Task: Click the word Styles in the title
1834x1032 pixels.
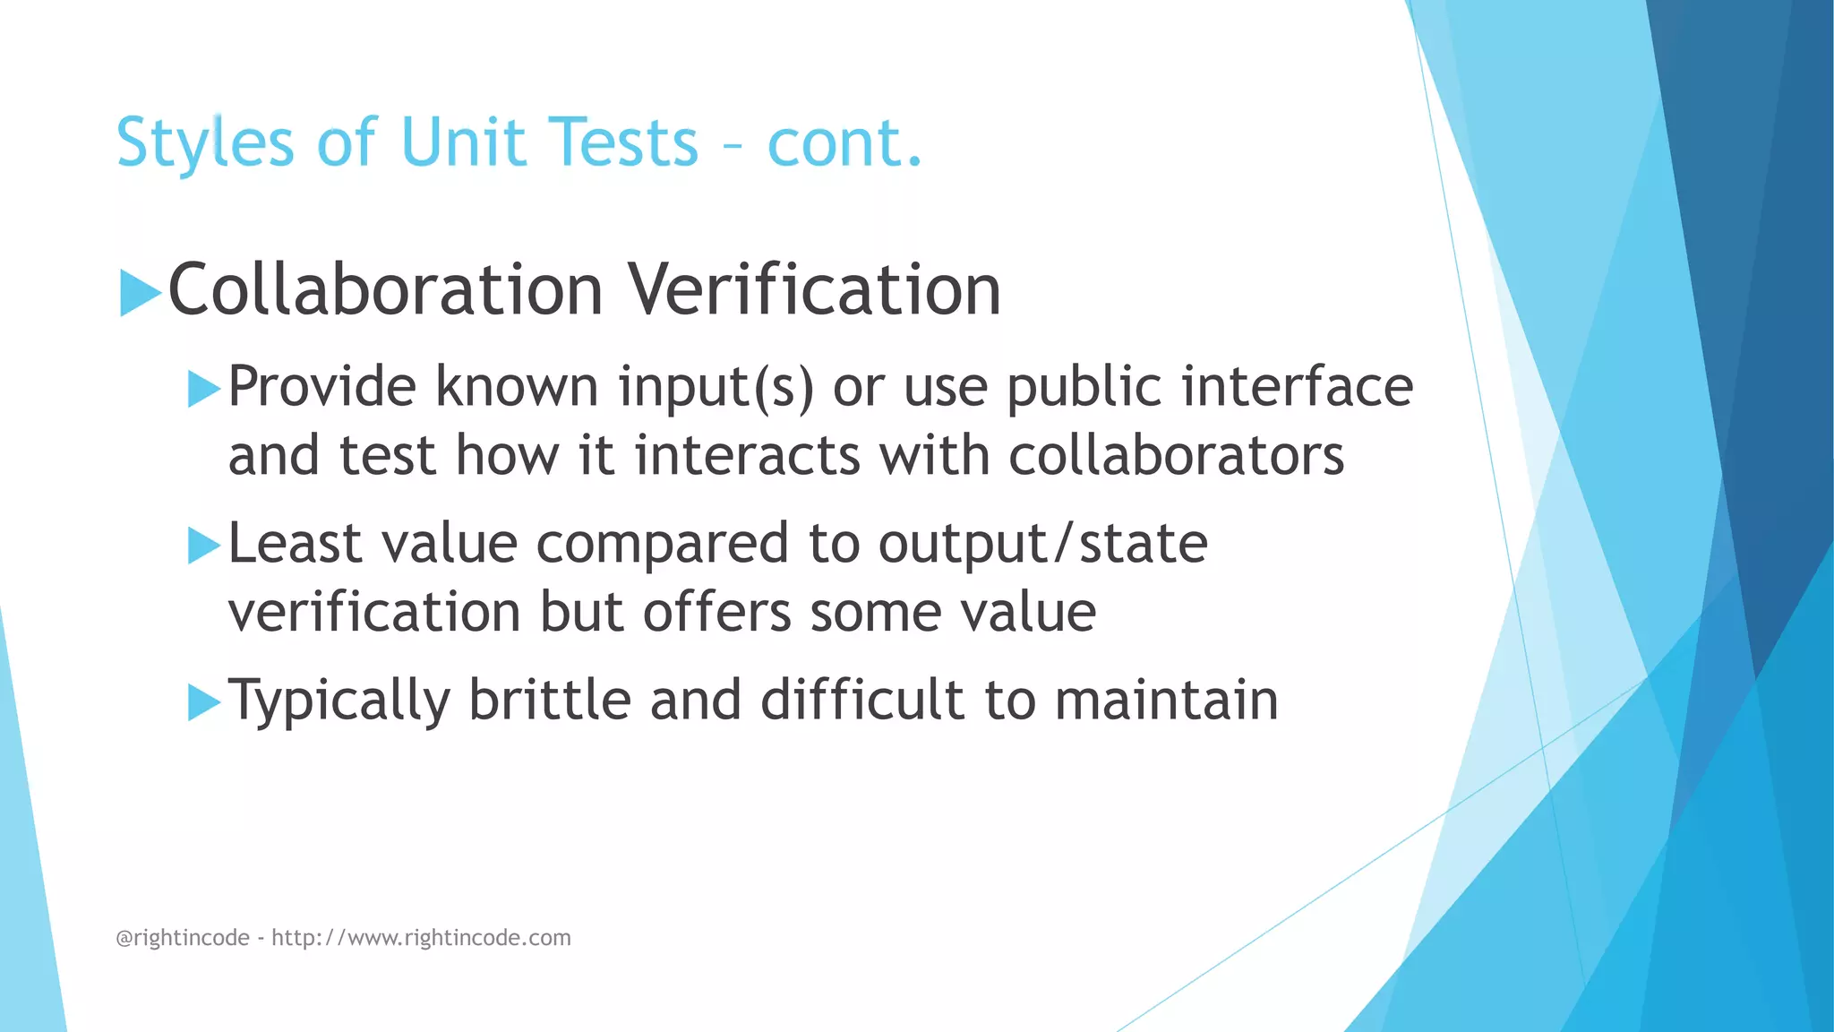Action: click(204, 143)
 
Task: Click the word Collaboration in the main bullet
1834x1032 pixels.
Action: click(385, 290)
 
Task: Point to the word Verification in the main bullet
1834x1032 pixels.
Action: click(813, 290)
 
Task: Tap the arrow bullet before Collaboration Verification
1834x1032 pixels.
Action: click(139, 293)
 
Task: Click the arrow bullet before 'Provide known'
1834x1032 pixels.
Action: click(203, 390)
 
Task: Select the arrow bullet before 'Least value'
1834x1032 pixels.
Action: click(203, 546)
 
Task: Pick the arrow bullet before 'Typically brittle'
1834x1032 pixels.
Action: click(203, 702)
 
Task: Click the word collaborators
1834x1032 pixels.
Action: click(1176, 456)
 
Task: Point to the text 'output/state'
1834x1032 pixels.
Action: click(1042, 544)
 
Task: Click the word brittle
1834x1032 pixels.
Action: click(550, 700)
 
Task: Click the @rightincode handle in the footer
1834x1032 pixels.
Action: click(183, 938)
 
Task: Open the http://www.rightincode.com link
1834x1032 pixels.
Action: click(421, 938)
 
